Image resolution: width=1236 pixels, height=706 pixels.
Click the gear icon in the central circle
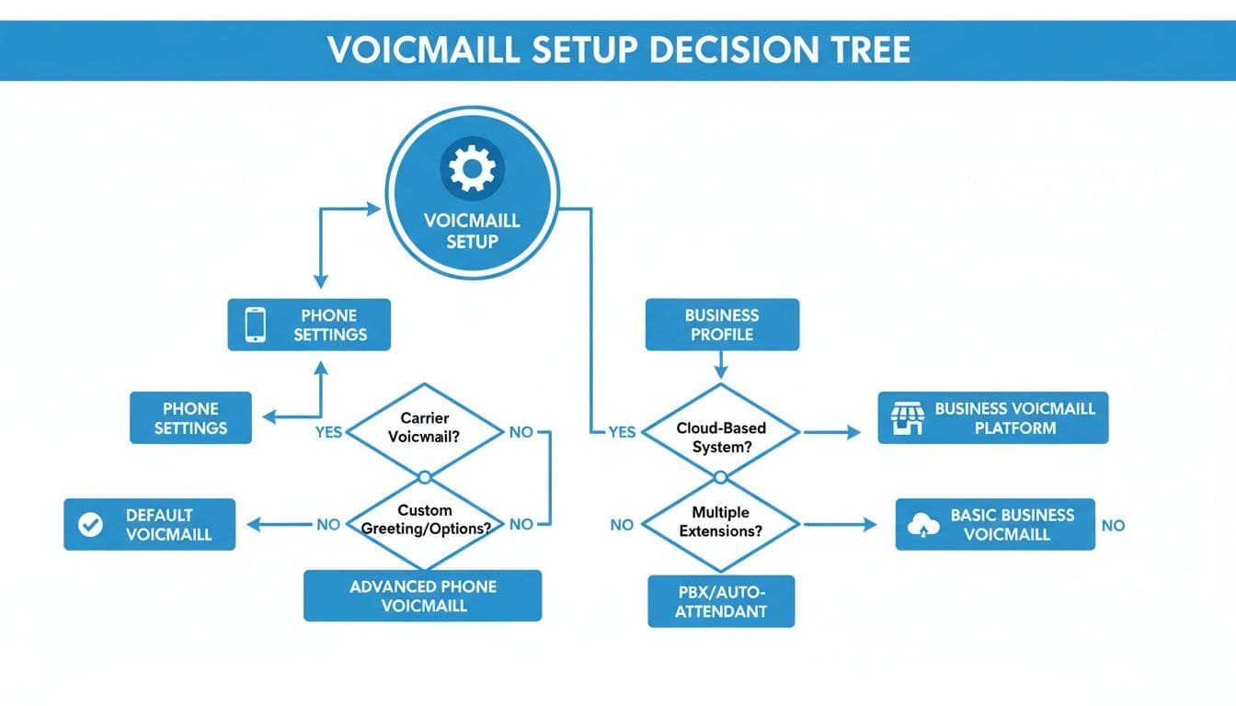[x=471, y=169]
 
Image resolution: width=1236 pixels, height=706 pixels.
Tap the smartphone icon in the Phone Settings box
[x=256, y=325]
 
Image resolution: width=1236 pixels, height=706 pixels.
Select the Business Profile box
[x=721, y=325]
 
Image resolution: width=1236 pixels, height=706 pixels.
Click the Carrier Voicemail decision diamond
[x=425, y=428]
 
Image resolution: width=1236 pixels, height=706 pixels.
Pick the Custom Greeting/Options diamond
[x=425, y=519]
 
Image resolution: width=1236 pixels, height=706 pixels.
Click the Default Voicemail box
[x=150, y=524]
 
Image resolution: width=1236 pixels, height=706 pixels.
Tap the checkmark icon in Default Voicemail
[x=90, y=524]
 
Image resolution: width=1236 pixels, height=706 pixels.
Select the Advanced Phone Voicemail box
[x=423, y=596]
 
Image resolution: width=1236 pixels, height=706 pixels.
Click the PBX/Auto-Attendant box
[x=721, y=601]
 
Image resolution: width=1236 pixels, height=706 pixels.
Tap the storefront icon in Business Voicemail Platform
[x=906, y=418]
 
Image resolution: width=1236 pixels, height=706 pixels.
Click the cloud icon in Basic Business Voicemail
[x=922, y=525]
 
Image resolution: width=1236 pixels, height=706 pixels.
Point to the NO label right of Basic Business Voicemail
[x=1113, y=526]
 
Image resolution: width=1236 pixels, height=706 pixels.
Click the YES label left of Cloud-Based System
[x=622, y=432]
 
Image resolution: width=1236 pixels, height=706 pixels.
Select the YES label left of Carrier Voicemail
[x=328, y=432]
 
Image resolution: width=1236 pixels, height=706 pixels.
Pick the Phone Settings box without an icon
[x=190, y=418]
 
